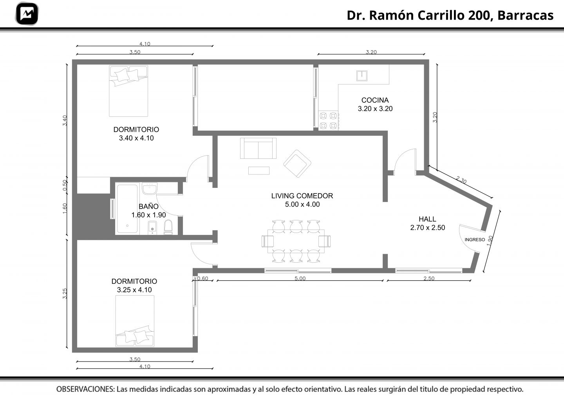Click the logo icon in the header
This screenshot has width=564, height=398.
point(27,14)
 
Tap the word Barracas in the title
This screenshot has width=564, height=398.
point(526,15)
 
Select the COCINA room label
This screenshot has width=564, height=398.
point(375,100)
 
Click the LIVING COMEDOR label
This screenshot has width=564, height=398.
point(302,196)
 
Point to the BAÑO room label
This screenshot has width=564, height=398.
point(148,206)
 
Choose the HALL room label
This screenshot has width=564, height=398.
point(427,219)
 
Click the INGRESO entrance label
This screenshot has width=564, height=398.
point(475,240)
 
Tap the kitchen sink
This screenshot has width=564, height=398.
point(362,76)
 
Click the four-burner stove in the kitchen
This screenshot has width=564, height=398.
point(328,121)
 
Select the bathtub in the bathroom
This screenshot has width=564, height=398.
point(127,209)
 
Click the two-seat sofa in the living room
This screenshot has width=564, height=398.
point(258,148)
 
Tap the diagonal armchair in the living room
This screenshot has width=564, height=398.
point(297,164)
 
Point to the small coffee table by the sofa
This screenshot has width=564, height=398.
point(259,171)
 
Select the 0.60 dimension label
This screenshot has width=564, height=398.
point(203,278)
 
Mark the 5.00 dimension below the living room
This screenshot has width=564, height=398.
point(300,278)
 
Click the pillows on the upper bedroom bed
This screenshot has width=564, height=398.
point(127,75)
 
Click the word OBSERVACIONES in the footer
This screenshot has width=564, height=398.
point(86,389)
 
